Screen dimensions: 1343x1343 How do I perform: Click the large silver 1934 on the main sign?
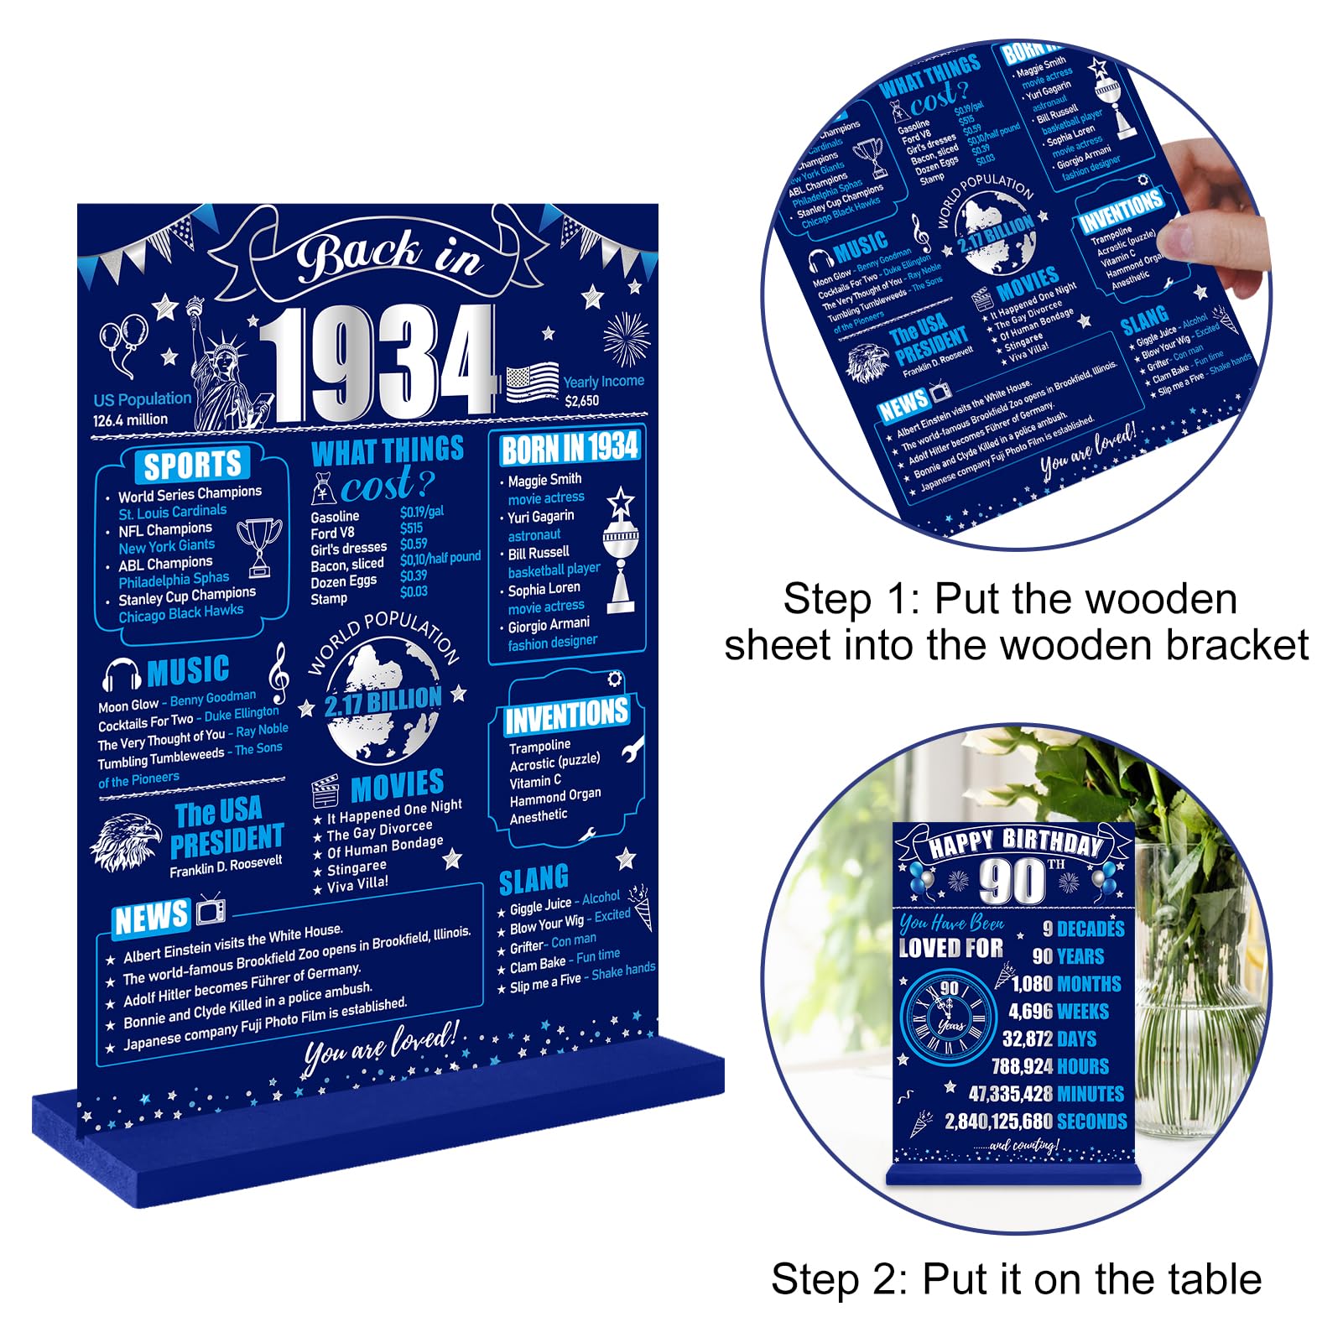coord(377,362)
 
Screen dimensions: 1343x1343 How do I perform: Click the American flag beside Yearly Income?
coord(532,383)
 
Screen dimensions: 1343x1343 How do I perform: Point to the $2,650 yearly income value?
coord(581,401)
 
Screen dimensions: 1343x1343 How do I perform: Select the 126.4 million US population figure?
coord(130,419)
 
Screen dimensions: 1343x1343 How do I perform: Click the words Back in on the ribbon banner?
coord(388,255)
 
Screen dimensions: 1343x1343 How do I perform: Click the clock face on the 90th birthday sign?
coord(948,1016)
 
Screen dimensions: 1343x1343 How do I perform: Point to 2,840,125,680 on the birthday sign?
coord(998,1122)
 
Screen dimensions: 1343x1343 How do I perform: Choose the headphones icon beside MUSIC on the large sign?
coord(121,674)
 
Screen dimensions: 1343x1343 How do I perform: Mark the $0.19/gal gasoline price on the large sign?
coord(421,512)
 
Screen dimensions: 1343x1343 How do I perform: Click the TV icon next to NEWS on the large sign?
coord(210,911)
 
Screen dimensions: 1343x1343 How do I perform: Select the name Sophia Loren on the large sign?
coord(544,589)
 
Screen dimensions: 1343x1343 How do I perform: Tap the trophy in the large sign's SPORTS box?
coord(259,546)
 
